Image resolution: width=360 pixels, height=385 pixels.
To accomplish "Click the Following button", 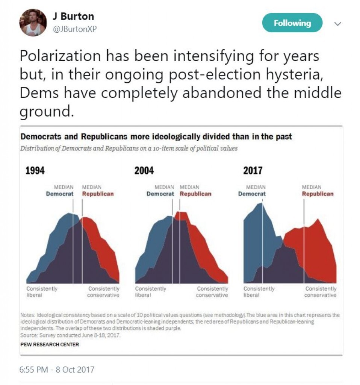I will [x=292, y=23].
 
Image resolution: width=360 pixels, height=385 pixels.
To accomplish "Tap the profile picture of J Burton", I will [x=33, y=23].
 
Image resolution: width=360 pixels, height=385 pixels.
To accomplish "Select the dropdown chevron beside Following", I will [x=337, y=24].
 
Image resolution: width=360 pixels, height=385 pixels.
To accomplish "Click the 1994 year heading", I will [x=35, y=171].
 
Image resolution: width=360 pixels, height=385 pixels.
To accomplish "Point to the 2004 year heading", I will [x=144, y=171].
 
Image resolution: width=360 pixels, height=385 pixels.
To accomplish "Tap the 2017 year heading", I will [x=253, y=171].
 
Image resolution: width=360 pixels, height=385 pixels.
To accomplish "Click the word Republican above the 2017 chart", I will [x=318, y=194].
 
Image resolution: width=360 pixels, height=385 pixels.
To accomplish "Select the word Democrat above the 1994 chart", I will [x=60, y=194].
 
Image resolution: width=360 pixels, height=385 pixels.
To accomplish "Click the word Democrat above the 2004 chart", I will [x=160, y=194].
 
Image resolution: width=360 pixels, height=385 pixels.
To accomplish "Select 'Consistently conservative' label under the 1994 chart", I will [x=103, y=292].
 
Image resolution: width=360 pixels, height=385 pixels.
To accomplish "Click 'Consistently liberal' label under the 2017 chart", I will [x=259, y=292].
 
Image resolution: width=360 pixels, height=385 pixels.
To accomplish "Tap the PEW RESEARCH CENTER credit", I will [x=50, y=344].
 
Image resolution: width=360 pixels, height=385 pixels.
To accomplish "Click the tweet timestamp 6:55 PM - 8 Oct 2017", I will [x=57, y=370].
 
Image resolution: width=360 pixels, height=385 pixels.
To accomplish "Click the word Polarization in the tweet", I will [x=60, y=56].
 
